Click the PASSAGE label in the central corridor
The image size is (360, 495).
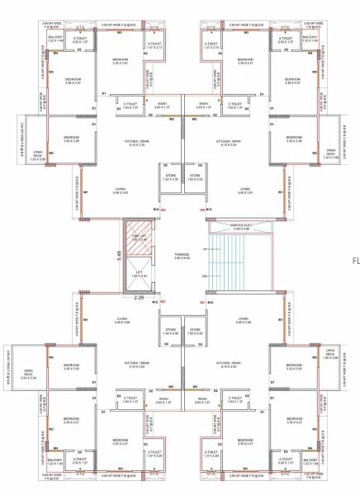click(x=182, y=254)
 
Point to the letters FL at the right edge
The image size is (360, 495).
click(x=356, y=258)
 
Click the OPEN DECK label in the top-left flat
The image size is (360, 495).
click(x=38, y=153)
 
